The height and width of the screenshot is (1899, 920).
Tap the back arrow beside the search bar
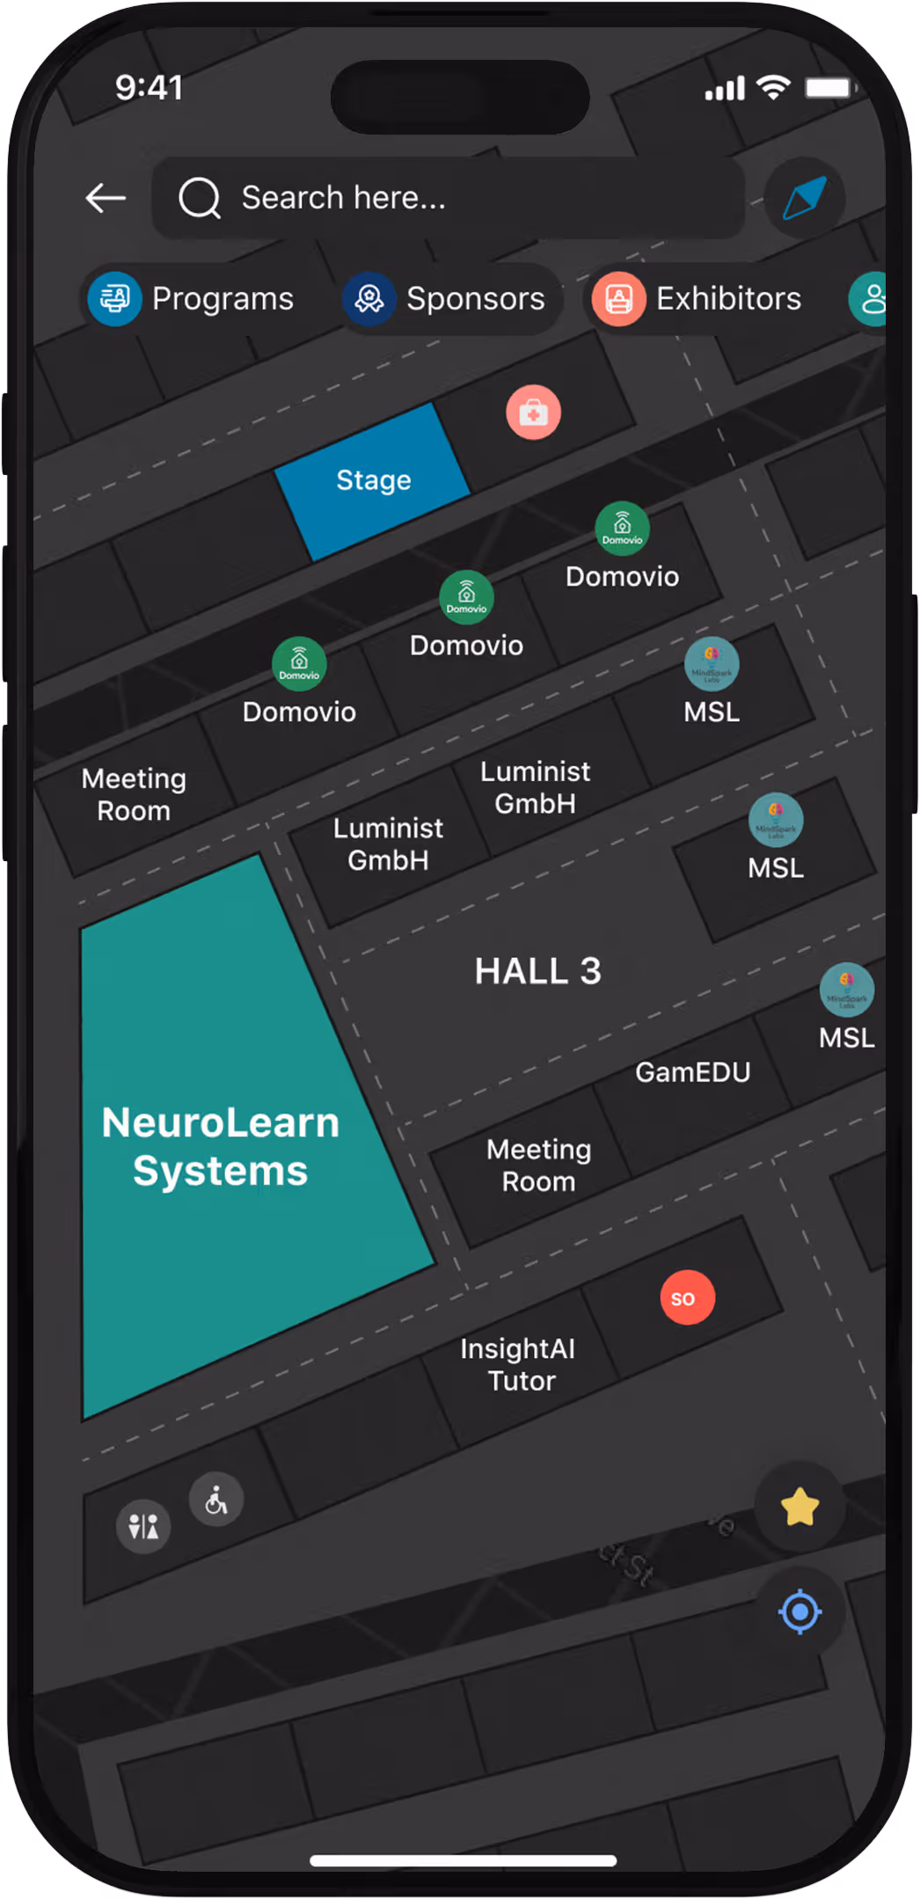pyautogui.click(x=106, y=198)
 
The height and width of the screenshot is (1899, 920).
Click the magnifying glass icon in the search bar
pyautogui.click(x=200, y=198)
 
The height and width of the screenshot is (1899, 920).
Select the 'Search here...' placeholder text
pyautogui.click(x=343, y=198)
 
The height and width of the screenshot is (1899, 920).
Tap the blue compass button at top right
pyautogui.click(x=804, y=198)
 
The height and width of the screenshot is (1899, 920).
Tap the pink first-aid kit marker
pyautogui.click(x=533, y=412)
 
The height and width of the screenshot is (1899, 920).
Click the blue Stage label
pyautogui.click(x=374, y=480)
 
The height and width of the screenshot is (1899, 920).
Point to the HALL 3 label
pyautogui.click(x=537, y=971)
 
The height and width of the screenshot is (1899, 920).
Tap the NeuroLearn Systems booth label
pyautogui.click(x=220, y=1146)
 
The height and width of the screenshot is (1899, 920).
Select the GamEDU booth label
pyautogui.click(x=693, y=1072)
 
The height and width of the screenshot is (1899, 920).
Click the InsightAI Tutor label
pyautogui.click(x=519, y=1364)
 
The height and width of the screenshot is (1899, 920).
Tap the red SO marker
pyautogui.click(x=687, y=1297)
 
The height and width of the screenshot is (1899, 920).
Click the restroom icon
pyautogui.click(x=143, y=1526)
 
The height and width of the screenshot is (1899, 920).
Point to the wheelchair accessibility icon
pyautogui.click(x=216, y=1500)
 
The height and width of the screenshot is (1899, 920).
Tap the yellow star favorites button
pyautogui.click(x=800, y=1507)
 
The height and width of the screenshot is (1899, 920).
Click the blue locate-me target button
pyautogui.click(x=800, y=1612)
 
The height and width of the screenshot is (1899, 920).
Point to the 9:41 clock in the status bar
pyautogui.click(x=150, y=87)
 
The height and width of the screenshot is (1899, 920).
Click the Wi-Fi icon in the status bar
pyautogui.click(x=774, y=87)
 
